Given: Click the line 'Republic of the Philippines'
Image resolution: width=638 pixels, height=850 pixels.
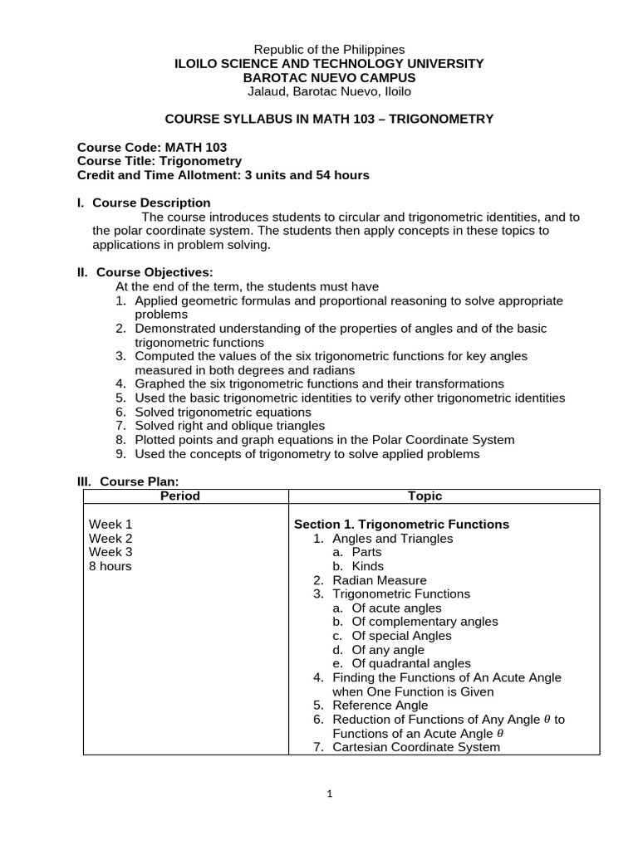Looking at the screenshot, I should tap(329, 50).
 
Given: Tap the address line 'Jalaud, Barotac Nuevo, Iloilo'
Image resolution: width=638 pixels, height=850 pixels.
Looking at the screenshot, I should tap(329, 91).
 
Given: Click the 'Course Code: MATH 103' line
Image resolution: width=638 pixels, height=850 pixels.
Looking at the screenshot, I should tap(152, 147).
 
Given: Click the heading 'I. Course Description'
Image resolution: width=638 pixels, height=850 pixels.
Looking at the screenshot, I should tap(144, 203).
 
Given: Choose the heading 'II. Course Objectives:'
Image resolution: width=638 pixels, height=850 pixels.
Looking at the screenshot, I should tap(145, 272).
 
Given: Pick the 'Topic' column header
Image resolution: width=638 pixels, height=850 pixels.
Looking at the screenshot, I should tap(425, 496).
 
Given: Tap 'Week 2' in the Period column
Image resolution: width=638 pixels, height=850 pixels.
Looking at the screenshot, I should tap(110, 538).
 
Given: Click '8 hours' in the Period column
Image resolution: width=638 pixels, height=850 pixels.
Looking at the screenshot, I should tap(110, 566).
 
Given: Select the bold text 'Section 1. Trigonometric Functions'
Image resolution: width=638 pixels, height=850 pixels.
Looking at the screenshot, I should tap(402, 525).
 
